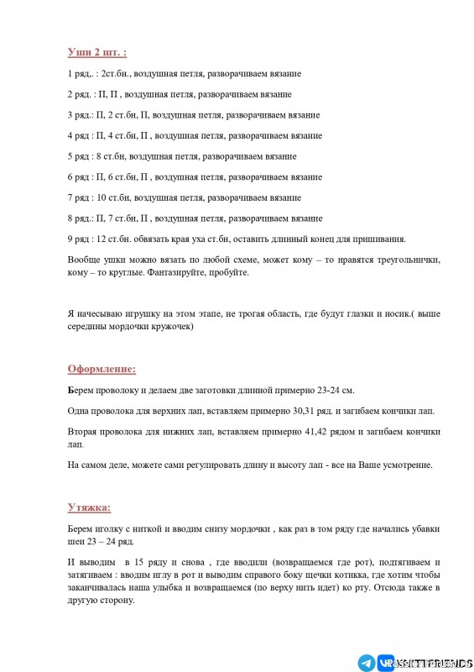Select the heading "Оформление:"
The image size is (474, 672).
pyautogui.click(x=102, y=368)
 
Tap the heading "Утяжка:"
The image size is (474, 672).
pyautogui.click(x=89, y=507)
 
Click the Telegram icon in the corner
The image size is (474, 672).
pyautogui.click(x=367, y=662)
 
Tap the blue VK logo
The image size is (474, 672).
pyautogui.click(x=387, y=662)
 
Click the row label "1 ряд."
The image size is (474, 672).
pyautogui.click(x=81, y=74)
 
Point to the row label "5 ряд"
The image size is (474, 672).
pyautogui.click(x=80, y=156)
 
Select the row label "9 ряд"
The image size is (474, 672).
pyautogui.click(x=80, y=239)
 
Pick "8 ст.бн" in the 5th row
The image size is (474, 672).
pyautogui.click(x=112, y=156)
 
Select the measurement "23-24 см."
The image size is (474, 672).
pyautogui.click(x=332, y=391)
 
